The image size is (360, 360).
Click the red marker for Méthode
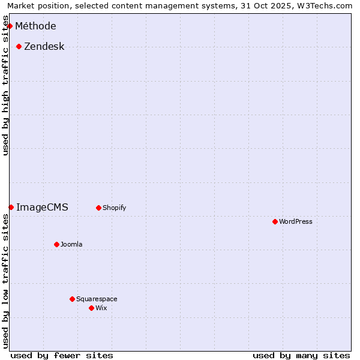10,26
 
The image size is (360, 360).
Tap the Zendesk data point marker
19,46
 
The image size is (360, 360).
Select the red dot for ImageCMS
11,207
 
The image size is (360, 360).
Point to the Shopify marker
98,208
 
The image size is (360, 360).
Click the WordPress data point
275,221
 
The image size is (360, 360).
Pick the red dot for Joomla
56,244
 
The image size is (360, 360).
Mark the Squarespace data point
72,299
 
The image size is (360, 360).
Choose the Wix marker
91,308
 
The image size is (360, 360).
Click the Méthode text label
35,26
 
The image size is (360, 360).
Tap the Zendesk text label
44,46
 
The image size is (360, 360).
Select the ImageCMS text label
42,207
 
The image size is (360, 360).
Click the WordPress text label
296,221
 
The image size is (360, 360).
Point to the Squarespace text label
97,299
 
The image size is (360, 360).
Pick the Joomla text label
71,244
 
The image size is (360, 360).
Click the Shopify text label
114,208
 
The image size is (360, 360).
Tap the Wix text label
101,308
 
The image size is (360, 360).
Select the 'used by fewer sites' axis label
62,355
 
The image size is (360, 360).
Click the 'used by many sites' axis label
301,355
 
